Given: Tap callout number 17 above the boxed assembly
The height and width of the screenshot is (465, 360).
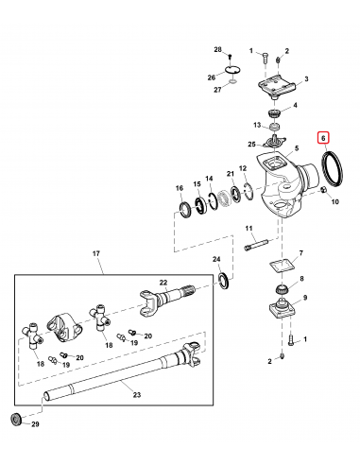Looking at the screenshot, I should click(95, 254).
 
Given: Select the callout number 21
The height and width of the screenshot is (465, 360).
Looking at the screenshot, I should click(230, 174).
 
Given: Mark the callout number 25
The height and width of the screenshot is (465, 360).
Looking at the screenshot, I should click(249, 145).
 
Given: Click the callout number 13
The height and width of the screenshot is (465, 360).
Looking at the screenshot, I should click(258, 124).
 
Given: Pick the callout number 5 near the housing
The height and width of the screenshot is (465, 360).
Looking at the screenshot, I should click(296, 148).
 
